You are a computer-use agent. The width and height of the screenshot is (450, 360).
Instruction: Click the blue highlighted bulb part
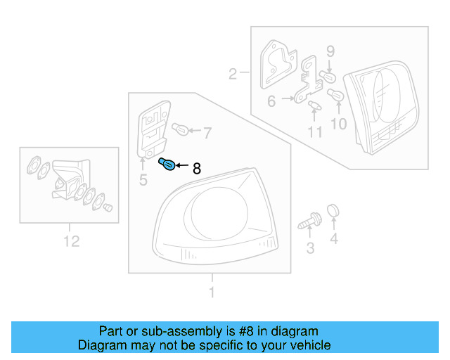point(167,166)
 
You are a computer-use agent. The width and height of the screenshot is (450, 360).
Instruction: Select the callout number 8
point(197,168)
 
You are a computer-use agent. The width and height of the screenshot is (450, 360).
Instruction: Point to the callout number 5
point(143,181)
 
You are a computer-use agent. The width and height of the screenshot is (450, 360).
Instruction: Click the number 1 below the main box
point(211,292)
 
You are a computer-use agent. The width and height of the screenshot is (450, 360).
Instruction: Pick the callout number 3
point(310,247)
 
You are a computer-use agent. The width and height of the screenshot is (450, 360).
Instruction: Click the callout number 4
point(334,240)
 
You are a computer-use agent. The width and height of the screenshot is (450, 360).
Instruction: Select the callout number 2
point(233,72)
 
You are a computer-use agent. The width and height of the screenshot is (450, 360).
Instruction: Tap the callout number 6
point(271,102)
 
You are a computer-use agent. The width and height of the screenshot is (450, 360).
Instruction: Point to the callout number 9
point(330,51)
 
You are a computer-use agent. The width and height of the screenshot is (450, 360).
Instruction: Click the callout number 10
point(339,124)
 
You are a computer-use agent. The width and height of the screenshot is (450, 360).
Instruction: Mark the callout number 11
point(314,131)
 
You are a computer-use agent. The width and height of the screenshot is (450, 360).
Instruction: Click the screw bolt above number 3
point(308,222)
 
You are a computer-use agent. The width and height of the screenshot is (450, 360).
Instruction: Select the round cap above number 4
point(334,210)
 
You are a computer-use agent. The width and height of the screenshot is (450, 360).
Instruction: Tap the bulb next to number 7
point(180,130)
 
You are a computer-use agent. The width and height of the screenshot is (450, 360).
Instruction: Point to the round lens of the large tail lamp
point(215,214)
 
